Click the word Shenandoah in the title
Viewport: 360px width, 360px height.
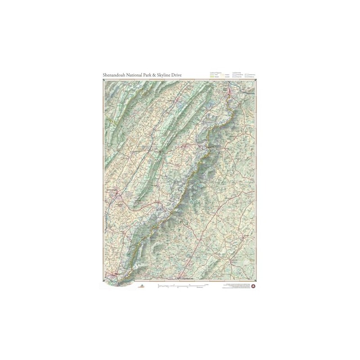(116, 75)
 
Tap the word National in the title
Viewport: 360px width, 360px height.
(139, 75)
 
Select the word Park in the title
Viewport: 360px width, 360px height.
(155, 75)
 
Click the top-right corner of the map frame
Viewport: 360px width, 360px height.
(256, 80)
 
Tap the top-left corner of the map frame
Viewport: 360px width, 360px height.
(104, 80)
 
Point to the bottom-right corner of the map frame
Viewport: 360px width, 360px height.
(256, 281)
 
